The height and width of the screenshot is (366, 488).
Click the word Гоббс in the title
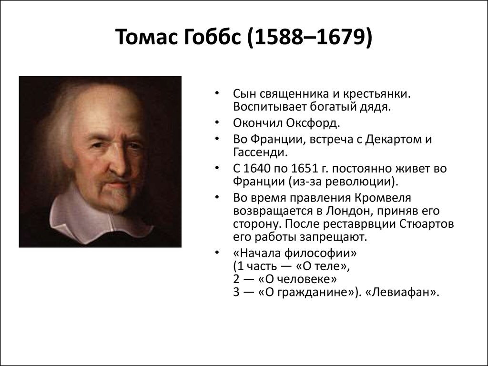pos(212,37)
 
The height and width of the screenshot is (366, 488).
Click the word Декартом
pos(392,140)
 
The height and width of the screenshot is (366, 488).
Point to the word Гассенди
pos(260,152)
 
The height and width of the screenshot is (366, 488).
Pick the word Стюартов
pos(427,224)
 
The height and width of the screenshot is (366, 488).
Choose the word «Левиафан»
pos(401,292)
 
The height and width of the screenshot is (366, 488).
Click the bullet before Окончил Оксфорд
pos(217,122)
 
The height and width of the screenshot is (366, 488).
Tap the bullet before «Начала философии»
pos(217,253)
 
